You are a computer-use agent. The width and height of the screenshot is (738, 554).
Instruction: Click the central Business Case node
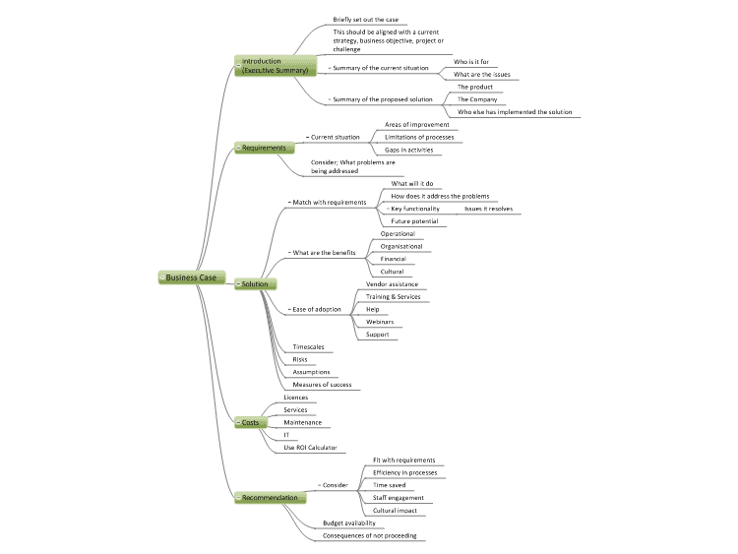pos(192,277)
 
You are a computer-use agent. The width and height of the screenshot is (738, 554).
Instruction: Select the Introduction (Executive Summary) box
pos(276,66)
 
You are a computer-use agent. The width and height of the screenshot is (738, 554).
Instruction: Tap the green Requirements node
pos(265,148)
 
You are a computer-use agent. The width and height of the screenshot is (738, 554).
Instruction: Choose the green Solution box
pos(255,283)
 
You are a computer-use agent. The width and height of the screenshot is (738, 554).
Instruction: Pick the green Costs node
pos(251,423)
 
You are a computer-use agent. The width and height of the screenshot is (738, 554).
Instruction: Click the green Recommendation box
pos(271,498)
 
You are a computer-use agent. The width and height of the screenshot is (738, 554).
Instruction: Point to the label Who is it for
pos(471,62)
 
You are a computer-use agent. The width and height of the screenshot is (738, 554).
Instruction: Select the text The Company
pos(477,99)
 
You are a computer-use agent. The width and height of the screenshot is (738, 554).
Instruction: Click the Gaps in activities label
pos(409,150)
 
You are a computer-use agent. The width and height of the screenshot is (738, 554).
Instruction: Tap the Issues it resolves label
pos(488,209)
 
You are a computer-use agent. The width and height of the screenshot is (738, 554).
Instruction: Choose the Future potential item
pos(414,221)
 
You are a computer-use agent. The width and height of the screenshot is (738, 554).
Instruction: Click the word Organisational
pos(401,246)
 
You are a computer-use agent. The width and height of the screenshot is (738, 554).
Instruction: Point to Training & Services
pos(393,296)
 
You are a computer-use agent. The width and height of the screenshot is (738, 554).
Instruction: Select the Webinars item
pos(380,322)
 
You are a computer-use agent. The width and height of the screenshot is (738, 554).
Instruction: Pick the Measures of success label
pos(322,385)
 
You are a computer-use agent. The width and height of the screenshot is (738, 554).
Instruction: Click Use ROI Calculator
pos(310,448)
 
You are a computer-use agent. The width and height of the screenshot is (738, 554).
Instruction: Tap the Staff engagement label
pos(399,498)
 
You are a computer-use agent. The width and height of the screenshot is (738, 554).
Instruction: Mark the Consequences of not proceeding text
pos(369,535)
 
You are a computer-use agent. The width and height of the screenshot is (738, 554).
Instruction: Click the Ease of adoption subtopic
pos(317,309)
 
